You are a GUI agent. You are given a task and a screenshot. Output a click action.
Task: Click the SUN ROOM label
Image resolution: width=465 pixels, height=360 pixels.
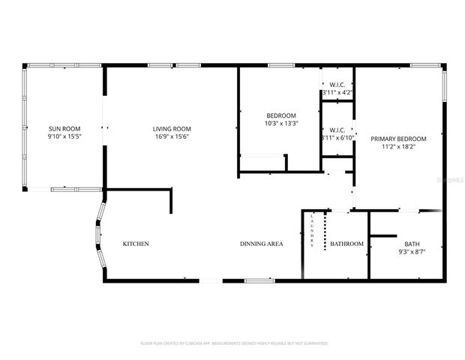[x=64, y=129]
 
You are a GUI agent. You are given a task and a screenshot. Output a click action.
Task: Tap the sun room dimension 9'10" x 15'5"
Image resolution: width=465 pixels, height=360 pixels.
[x=64, y=137]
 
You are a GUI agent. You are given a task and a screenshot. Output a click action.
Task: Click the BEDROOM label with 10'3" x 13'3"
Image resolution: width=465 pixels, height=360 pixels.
[x=281, y=115]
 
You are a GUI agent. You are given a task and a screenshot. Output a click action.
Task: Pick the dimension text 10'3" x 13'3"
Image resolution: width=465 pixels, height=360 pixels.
[x=281, y=124]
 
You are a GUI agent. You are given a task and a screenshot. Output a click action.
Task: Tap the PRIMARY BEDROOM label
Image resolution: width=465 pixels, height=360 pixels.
[x=398, y=139]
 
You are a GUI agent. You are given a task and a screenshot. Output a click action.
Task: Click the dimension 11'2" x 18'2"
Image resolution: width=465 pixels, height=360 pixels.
[x=398, y=148]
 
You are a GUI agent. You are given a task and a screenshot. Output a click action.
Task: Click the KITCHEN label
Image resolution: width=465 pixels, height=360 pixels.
[x=136, y=244]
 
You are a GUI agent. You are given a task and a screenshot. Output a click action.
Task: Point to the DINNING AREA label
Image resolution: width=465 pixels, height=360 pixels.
[x=261, y=244]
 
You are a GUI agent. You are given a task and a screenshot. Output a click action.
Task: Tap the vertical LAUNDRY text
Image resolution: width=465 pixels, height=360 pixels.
[x=312, y=231]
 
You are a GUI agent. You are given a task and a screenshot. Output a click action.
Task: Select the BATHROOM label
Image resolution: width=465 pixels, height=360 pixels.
[x=346, y=244]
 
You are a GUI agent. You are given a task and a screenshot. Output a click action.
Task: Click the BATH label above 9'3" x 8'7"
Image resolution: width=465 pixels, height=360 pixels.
[x=412, y=244]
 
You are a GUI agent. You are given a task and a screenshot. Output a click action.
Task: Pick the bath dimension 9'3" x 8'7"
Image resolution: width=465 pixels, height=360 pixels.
[x=412, y=253]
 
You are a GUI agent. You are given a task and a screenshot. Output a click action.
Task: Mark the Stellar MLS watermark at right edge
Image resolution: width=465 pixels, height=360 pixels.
[x=453, y=180]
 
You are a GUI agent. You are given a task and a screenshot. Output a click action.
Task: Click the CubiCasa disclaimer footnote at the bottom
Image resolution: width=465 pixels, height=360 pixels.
[x=234, y=343]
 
